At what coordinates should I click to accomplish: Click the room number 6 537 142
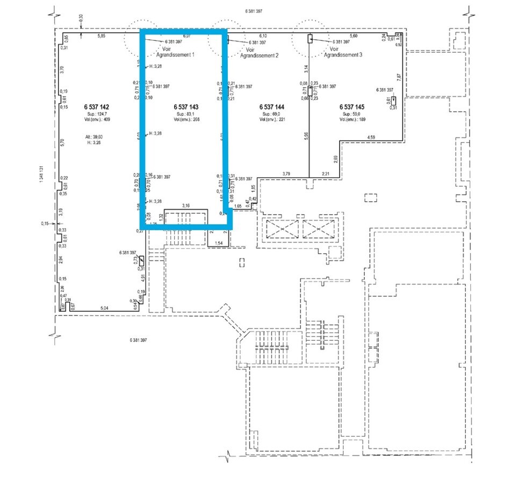[x=97, y=107]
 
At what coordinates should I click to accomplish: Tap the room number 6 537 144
[x=271, y=107]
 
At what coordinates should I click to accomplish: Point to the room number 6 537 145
[x=352, y=107]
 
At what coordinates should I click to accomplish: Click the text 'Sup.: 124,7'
[x=97, y=114]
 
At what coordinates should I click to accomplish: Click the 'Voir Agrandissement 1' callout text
[x=174, y=53]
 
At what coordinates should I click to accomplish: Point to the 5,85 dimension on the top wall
[x=100, y=36]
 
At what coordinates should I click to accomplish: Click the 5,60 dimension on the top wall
[x=354, y=36]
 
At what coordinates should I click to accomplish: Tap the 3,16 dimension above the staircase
[x=186, y=205]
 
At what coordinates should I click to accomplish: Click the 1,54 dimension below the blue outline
[x=219, y=244]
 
